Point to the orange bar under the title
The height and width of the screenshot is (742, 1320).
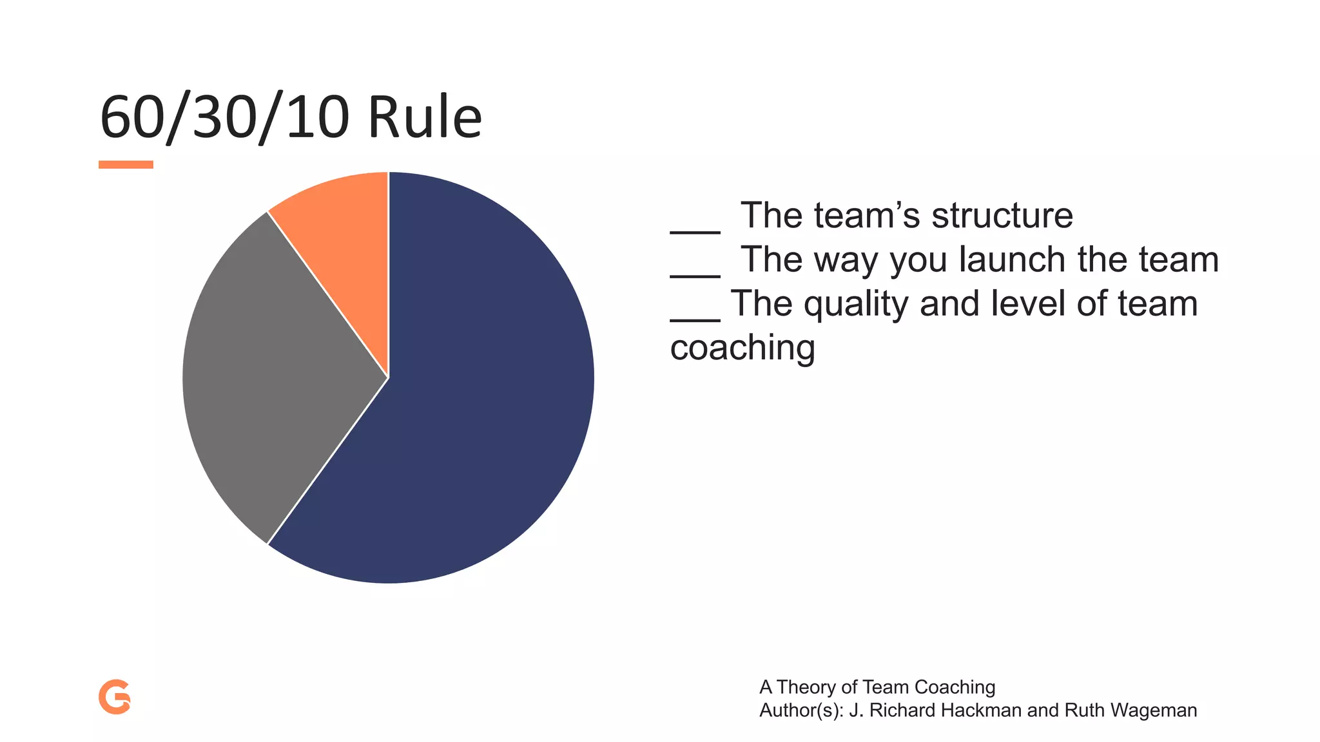tap(126, 165)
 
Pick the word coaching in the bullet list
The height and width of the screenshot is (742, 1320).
tap(742, 348)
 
